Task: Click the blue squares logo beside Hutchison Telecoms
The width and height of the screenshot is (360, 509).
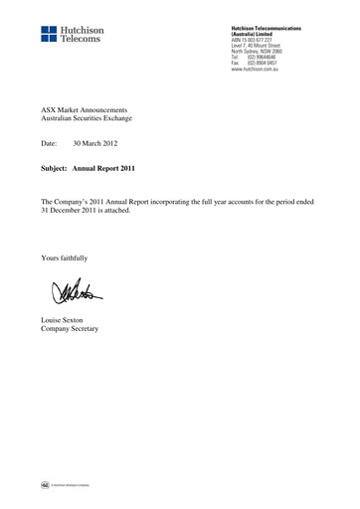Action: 51,35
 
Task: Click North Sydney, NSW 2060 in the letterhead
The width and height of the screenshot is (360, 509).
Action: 260,53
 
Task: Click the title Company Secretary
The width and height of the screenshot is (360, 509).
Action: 76,328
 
